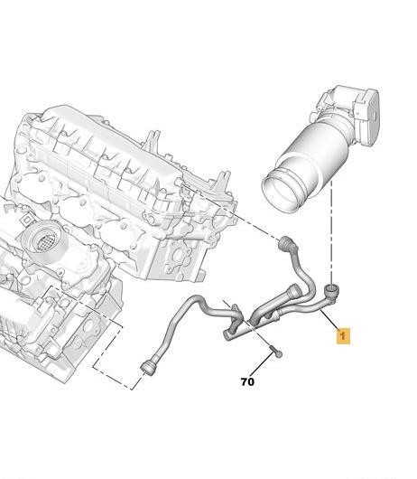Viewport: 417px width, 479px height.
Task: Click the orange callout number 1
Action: pos(343,336)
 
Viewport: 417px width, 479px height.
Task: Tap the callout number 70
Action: pos(247,382)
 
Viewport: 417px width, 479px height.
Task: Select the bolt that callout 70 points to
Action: pos(276,352)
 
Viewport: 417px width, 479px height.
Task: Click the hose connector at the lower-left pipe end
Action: pos(150,368)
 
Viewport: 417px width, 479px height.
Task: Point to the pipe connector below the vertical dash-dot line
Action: pos(330,293)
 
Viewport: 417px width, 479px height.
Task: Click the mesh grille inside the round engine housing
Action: pos(46,240)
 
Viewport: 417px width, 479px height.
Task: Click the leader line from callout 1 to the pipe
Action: pos(330,319)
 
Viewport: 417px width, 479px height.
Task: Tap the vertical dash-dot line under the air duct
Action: pos(331,232)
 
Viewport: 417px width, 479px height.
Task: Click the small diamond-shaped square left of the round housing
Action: pos(27,220)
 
